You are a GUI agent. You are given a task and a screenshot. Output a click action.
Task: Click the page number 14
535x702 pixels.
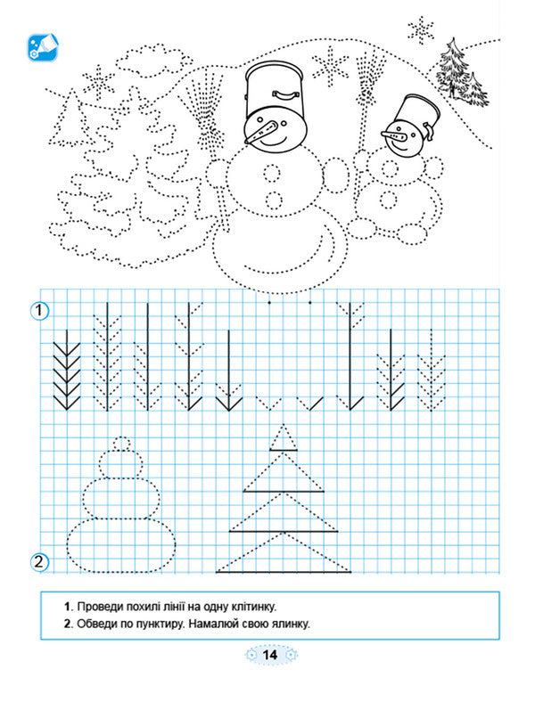(270, 655)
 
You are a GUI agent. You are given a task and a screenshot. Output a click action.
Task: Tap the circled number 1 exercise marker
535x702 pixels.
(39, 310)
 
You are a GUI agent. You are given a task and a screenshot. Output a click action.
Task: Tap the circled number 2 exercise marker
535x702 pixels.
(39, 561)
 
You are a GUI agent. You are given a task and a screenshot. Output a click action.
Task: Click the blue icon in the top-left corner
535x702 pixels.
(43, 47)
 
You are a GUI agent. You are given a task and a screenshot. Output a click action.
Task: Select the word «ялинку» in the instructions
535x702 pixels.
(291, 624)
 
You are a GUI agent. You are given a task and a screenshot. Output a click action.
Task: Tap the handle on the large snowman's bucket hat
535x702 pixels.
(286, 94)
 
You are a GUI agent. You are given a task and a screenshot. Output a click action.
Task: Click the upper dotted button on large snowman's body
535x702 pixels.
(272, 173)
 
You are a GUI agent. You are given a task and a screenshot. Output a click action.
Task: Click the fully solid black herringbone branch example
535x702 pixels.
(67, 370)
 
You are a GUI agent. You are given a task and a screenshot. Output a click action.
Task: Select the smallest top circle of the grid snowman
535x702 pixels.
(121, 445)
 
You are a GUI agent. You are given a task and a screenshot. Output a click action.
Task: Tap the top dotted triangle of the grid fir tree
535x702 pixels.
(284, 437)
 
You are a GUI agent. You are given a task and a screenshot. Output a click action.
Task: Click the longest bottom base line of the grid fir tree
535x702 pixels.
(284, 572)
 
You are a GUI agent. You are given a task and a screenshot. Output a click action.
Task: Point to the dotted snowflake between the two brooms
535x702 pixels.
(330, 67)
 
